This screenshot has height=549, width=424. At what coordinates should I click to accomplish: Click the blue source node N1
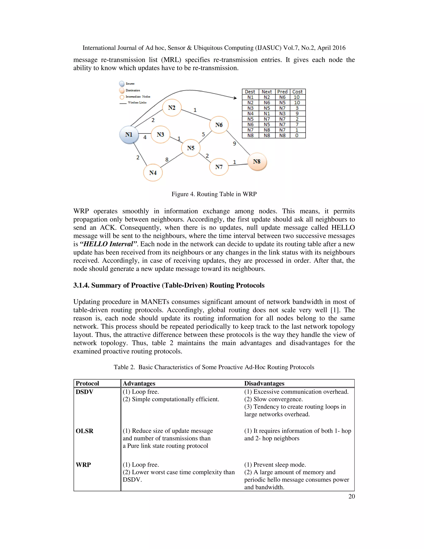click(x=129, y=135)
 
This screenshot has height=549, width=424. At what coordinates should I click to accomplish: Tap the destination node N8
click(x=257, y=162)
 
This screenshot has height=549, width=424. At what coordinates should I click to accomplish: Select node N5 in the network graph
click(x=191, y=148)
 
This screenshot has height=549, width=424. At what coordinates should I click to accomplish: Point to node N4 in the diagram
click(x=153, y=173)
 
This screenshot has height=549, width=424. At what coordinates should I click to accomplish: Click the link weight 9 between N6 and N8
click(x=234, y=144)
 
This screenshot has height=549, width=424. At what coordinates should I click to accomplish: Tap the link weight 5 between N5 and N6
click(x=203, y=134)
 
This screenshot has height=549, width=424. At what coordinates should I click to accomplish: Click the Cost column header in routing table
click(x=298, y=92)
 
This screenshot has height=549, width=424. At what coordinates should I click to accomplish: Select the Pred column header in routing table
click(x=282, y=92)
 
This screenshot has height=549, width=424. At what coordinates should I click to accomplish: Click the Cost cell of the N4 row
click(x=297, y=114)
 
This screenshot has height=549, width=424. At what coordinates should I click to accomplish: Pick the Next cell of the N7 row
click(x=267, y=130)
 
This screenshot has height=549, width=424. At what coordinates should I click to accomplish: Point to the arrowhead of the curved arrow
click(x=235, y=98)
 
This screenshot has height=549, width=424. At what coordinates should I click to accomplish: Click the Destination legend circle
click(x=122, y=90)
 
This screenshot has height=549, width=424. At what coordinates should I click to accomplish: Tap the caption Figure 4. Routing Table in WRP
click(x=214, y=194)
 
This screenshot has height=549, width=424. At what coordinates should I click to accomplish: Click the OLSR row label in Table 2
click(x=84, y=431)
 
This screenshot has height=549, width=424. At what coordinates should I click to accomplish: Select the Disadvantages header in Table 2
click(x=264, y=383)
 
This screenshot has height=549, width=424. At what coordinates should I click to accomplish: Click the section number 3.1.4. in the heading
click(x=81, y=285)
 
